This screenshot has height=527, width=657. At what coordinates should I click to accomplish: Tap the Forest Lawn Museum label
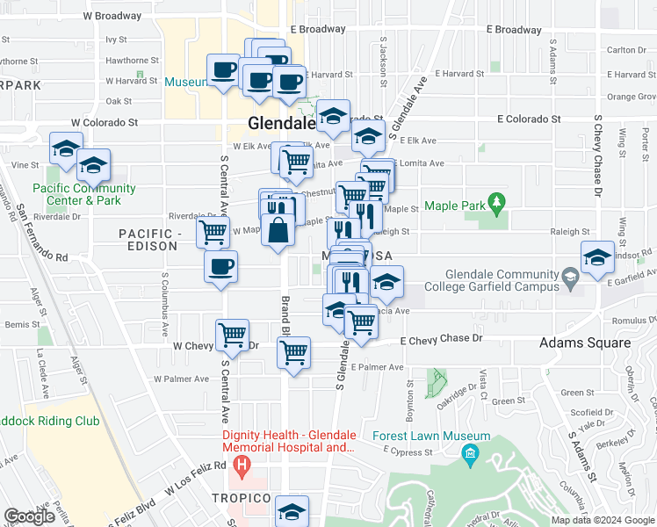[430, 437]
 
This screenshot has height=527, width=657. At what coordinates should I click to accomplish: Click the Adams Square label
[584, 343]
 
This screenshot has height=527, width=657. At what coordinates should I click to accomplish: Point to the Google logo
[29, 516]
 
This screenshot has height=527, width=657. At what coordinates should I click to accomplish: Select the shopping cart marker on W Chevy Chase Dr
[232, 334]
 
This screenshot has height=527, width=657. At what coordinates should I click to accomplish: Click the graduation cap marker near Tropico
[292, 511]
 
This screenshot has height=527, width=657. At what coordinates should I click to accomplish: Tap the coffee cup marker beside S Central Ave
[220, 265]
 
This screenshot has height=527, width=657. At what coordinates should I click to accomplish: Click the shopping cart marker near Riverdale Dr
[213, 233]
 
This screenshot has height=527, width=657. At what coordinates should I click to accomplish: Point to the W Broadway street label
[112, 16]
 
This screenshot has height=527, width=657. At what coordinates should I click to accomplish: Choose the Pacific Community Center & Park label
[84, 194]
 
